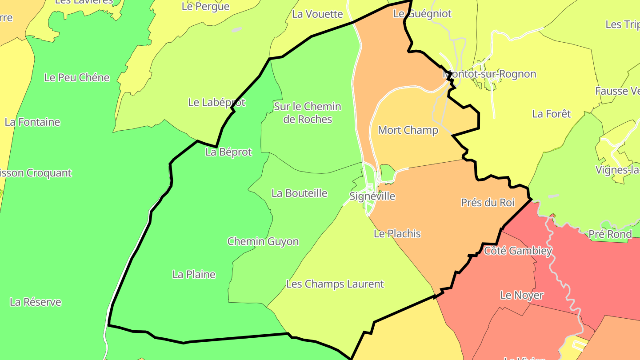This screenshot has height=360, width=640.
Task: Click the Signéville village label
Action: click(x=372, y=196)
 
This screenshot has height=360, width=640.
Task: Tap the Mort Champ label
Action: click(x=408, y=130)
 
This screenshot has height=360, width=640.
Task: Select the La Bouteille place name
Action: click(x=300, y=193)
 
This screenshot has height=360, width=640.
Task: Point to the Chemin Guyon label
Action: click(x=263, y=242)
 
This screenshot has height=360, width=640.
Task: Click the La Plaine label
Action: click(x=194, y=275)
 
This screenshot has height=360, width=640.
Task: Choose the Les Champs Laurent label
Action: click(x=335, y=284)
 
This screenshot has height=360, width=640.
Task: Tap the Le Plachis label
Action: click(x=397, y=234)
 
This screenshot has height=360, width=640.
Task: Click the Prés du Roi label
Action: click(x=488, y=203)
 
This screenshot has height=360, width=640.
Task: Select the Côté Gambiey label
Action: click(x=518, y=251)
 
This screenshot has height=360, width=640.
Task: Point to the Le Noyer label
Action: click(x=522, y=295)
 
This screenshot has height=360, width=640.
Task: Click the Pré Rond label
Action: click(x=610, y=234)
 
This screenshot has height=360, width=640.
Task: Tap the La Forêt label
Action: click(x=552, y=114)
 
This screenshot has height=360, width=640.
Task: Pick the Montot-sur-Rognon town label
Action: click(x=489, y=74)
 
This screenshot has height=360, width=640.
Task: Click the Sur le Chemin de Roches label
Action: click(x=308, y=113)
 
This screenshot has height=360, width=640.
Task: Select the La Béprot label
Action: click(x=228, y=152)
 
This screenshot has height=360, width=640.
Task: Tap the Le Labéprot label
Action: click(x=217, y=103)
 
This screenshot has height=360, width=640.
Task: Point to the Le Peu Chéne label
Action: click(x=77, y=78)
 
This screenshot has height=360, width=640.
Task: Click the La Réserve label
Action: click(x=36, y=302)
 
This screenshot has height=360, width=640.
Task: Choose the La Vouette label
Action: click(x=317, y=14)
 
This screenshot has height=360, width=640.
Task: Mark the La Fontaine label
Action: click(x=32, y=122)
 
